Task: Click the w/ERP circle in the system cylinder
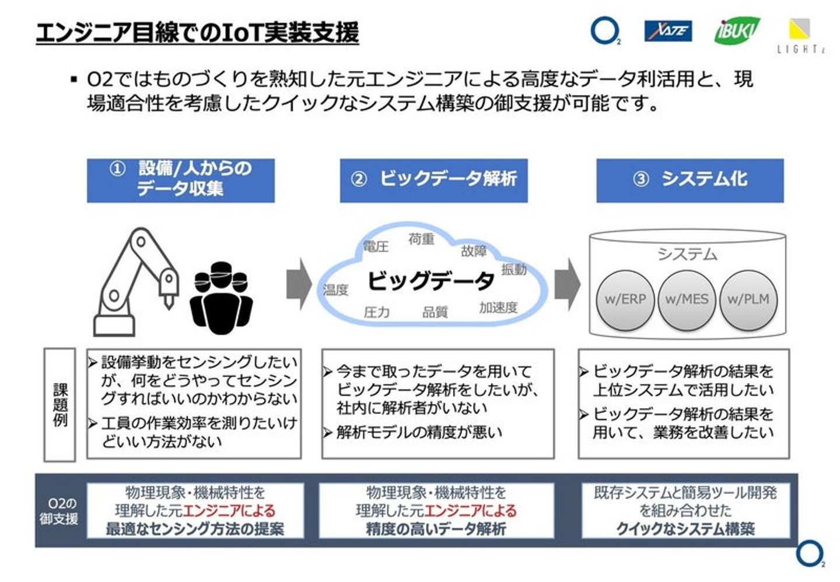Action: click(625, 300)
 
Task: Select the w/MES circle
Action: click(687, 300)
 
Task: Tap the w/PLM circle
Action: click(748, 300)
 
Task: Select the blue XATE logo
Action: click(668, 30)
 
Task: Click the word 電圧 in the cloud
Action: click(375, 246)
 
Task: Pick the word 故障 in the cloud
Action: click(473, 251)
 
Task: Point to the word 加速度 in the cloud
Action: click(498, 308)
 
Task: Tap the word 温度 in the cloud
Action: click(335, 290)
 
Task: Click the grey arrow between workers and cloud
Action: click(299, 284)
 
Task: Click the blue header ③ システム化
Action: click(689, 180)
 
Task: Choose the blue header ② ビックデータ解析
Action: click(433, 180)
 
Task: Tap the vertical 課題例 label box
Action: click(60, 405)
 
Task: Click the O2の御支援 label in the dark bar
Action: click(59, 511)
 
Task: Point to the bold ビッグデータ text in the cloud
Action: click(430, 281)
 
